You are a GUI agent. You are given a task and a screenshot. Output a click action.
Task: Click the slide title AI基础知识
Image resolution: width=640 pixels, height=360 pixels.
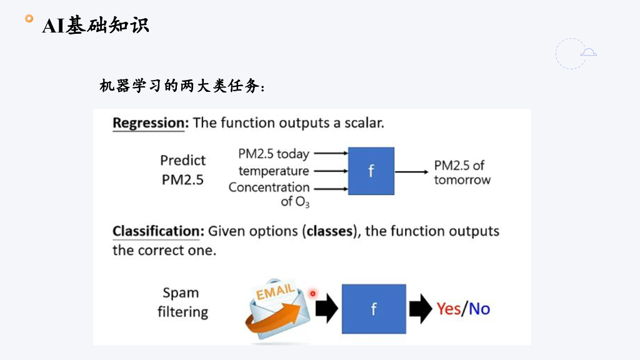coord(96,25)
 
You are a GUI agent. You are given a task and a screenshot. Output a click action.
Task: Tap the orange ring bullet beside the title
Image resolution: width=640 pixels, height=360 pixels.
coord(29,18)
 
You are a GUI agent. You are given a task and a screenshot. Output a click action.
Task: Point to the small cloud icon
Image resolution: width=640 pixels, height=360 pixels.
coord(589,52)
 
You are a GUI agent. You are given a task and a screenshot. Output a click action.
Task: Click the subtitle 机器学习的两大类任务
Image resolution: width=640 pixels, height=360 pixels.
coord(182,86)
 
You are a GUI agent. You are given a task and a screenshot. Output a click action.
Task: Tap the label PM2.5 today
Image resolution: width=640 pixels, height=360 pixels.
coord(274,154)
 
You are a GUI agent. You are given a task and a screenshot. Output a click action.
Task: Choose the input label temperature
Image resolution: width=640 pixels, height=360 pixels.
coord(274,171)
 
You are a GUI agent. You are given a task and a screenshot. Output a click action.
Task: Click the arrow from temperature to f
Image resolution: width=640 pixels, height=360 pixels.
coord(331,171)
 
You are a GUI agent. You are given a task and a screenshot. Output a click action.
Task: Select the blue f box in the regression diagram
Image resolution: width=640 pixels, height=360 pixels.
coord(371,171)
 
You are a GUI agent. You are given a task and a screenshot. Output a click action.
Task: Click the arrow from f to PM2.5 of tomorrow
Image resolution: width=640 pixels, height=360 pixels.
coord(411,172)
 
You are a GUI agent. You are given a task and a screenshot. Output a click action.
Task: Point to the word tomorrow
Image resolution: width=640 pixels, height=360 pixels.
coord(462,180)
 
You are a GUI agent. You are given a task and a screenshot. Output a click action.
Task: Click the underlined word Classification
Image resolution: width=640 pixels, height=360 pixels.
coord(158,231)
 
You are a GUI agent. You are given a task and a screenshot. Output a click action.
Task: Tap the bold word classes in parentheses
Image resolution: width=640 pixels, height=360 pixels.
coord(330,231)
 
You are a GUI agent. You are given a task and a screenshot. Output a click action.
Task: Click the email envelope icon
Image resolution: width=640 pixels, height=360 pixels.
coord(277,309)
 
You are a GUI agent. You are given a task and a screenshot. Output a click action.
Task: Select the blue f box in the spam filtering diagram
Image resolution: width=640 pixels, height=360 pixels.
coord(374,309)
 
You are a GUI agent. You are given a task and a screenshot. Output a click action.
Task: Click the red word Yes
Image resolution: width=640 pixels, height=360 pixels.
coord(449,309)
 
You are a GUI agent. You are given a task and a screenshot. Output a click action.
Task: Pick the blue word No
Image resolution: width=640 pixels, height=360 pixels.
coord(479,309)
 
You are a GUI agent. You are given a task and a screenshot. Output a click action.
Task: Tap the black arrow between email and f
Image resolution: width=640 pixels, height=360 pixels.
coord(326,309)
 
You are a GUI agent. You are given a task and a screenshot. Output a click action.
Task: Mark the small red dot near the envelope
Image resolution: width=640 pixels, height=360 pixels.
coord(312,294)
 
